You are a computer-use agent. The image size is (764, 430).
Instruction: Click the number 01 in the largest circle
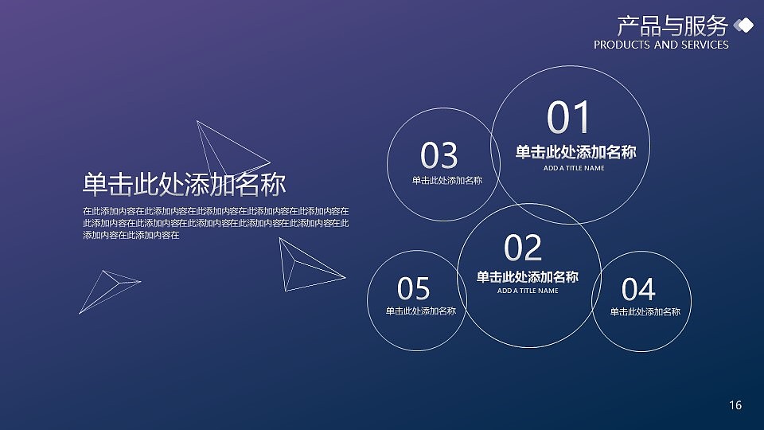tap(570, 119)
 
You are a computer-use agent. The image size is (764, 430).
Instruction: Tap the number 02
tap(524, 248)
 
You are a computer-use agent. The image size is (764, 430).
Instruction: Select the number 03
tap(439, 155)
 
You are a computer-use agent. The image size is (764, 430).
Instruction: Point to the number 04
tap(638, 288)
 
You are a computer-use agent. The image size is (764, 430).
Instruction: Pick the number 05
tap(414, 288)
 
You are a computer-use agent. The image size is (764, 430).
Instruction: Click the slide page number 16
tap(735, 406)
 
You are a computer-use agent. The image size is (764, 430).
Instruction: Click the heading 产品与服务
tap(672, 26)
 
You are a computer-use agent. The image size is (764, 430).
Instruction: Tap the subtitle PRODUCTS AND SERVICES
tap(661, 45)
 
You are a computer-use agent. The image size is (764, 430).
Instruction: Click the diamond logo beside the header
tap(743, 26)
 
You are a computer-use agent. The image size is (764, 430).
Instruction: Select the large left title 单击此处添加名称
tap(184, 185)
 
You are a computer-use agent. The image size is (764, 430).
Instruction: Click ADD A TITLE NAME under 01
tap(574, 168)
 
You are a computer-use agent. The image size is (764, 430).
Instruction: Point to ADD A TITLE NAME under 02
tap(528, 291)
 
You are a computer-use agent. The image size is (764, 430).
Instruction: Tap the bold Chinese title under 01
tap(575, 152)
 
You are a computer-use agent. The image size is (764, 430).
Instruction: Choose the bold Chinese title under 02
tap(527, 276)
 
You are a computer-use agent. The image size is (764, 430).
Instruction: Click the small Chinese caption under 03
tap(446, 181)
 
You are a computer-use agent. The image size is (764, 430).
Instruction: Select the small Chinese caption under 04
tap(645, 311)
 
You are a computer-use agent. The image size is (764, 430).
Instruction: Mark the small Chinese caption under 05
tap(420, 311)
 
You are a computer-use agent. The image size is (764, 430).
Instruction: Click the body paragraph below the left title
tap(215, 223)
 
